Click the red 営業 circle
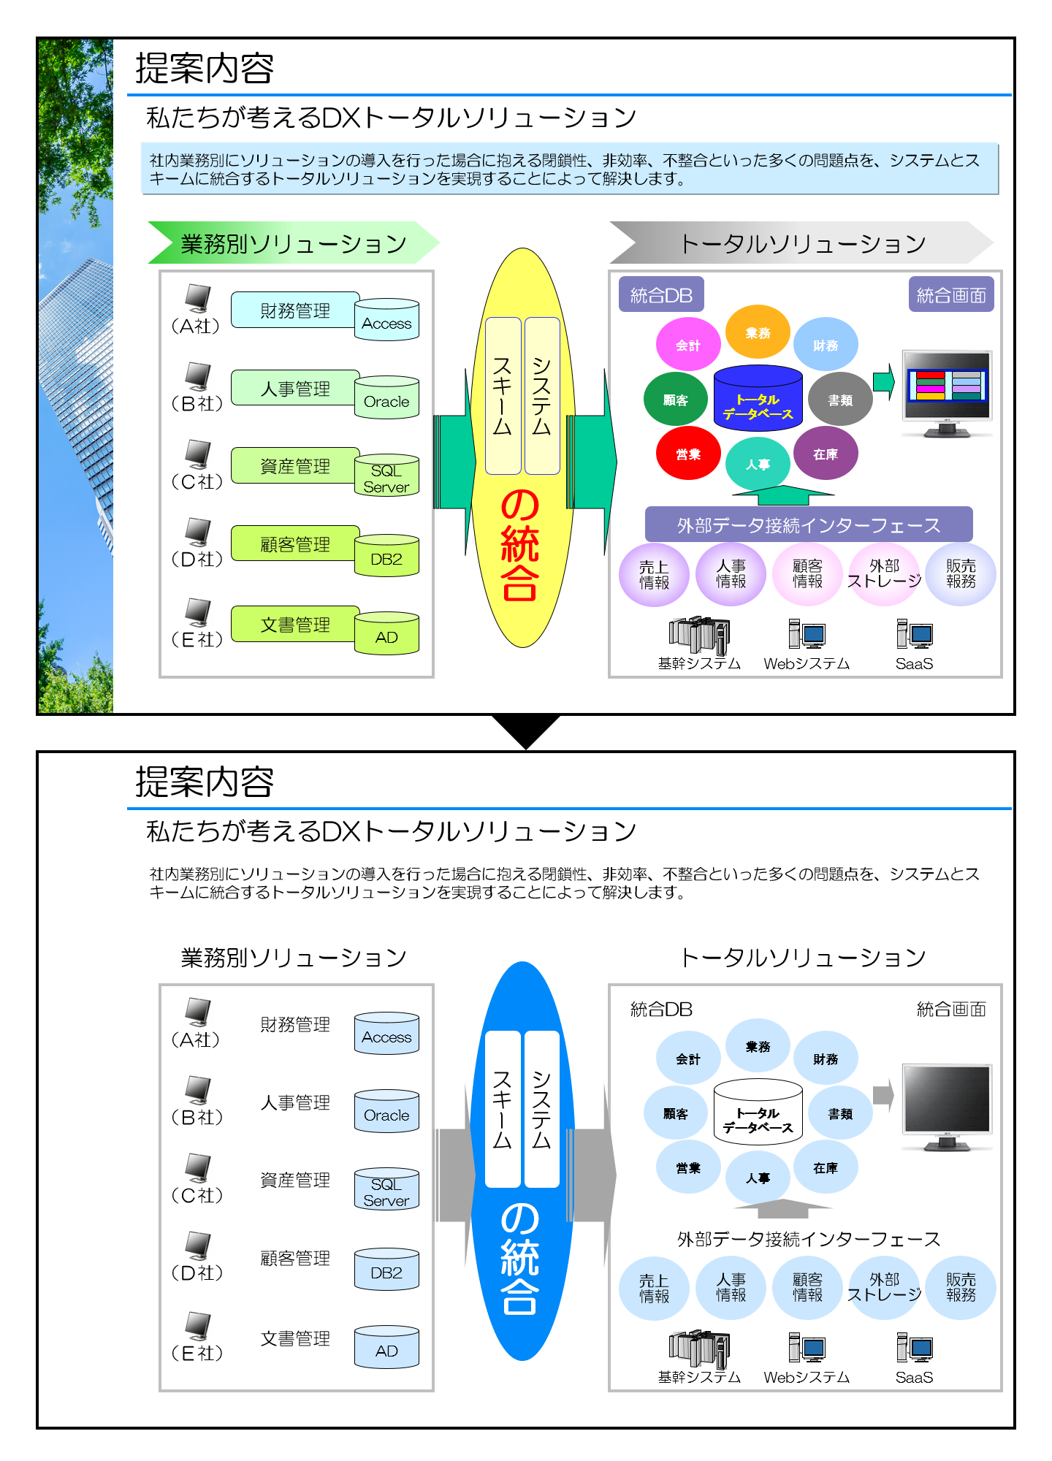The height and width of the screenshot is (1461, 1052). (688, 454)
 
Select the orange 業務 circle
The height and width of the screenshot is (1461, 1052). (758, 332)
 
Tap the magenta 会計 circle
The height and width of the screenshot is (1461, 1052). (687, 345)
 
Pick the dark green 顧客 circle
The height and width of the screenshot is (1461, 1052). (675, 400)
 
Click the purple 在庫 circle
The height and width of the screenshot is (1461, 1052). (825, 454)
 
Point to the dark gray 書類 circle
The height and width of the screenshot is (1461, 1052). (840, 400)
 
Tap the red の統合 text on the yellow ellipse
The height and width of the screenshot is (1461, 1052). (520, 544)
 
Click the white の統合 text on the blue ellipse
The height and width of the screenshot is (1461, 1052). (520, 1258)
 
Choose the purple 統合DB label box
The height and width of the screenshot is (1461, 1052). (661, 294)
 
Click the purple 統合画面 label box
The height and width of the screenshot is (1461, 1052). (951, 294)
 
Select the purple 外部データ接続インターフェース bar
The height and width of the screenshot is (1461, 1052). (809, 524)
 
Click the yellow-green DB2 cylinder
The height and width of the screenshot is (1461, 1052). (386, 557)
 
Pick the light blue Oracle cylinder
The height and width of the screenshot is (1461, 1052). (386, 1112)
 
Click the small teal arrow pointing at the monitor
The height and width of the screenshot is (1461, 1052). (885, 381)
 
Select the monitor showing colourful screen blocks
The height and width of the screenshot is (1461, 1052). (947, 392)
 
